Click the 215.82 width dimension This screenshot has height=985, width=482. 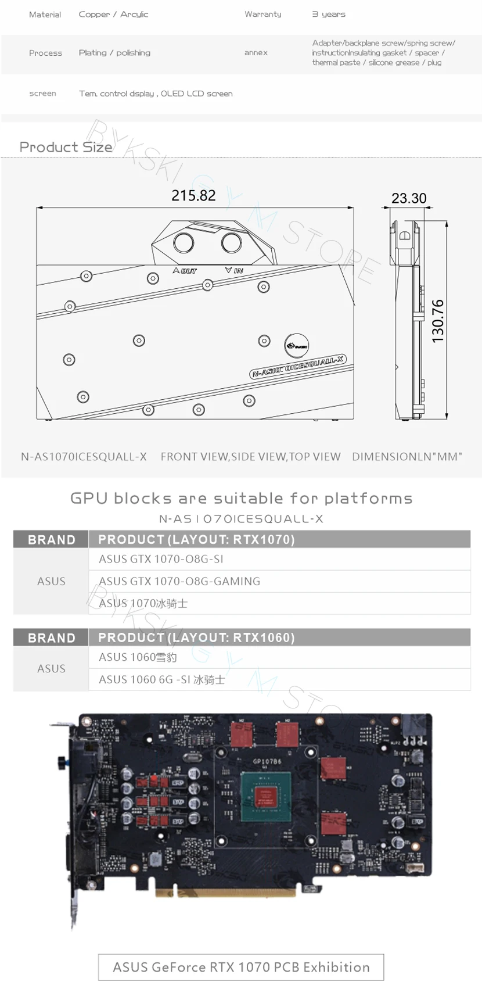(193, 196)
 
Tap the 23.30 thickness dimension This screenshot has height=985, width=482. (409, 198)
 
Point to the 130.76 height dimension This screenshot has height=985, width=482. (438, 321)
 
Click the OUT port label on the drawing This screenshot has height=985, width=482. (185, 271)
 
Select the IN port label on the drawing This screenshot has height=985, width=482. (234, 270)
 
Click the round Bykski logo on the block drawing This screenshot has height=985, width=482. (296, 345)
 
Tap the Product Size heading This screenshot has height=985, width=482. (66, 147)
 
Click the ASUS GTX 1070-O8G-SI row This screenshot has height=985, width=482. (161, 559)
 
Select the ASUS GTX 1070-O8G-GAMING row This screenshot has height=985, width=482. (179, 581)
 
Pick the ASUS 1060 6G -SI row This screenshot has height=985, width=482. (161, 679)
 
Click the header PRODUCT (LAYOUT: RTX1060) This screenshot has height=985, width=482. (196, 637)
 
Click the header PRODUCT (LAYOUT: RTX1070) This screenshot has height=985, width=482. (196, 539)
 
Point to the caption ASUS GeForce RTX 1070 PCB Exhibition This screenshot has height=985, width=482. (241, 967)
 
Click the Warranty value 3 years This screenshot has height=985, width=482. (329, 14)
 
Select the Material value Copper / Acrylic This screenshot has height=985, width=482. (113, 14)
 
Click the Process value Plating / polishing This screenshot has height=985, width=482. (114, 53)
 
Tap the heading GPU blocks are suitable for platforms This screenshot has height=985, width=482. (241, 498)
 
